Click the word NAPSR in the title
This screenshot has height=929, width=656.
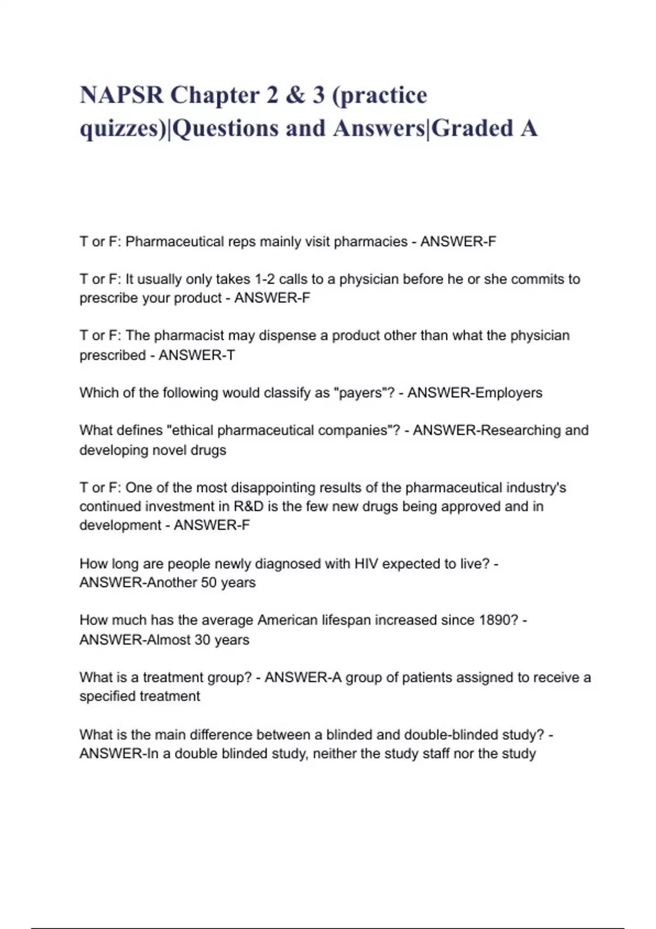[x=121, y=95]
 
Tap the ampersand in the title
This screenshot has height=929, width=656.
[x=295, y=95]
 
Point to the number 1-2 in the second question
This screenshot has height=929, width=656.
[x=264, y=279]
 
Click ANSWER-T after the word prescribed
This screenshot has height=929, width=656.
[x=196, y=355]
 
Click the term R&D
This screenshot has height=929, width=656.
[x=249, y=507]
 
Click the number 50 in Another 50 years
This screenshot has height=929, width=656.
[x=209, y=583]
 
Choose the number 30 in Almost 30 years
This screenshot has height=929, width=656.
[x=203, y=640]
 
